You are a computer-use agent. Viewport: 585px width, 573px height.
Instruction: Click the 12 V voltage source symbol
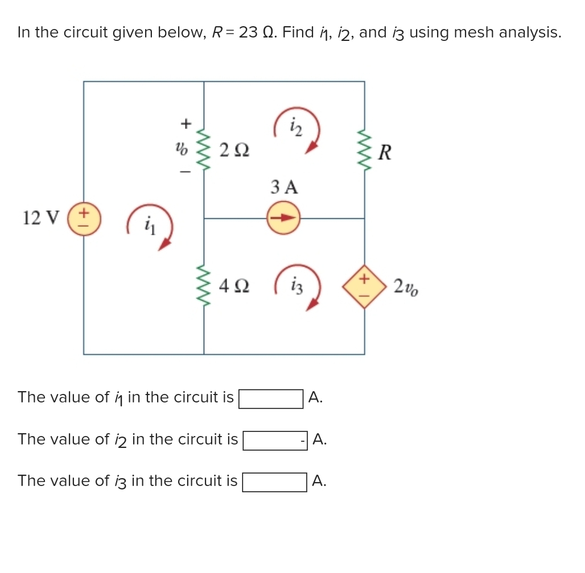click(84, 221)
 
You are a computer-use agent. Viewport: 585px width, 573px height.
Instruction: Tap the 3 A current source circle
click(283, 218)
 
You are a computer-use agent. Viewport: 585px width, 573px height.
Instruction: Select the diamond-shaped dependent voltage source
click(364, 286)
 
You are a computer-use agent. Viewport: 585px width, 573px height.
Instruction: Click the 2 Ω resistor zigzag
click(204, 150)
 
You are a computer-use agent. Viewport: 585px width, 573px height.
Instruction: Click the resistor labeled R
click(364, 152)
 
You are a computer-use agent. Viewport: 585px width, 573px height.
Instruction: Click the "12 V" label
click(41, 217)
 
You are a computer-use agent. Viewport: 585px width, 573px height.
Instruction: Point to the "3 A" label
click(284, 186)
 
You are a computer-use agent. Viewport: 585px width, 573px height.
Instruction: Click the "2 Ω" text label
click(233, 151)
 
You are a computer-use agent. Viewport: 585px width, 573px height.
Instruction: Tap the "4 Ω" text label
click(233, 286)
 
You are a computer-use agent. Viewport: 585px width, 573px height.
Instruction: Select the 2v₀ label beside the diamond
click(406, 287)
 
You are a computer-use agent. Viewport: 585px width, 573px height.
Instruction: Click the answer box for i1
click(271, 398)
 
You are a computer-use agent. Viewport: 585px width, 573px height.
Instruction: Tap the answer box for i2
click(275, 441)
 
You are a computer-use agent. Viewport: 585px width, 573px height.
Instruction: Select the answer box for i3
click(274, 482)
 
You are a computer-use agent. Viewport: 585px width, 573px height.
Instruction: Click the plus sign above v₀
click(184, 123)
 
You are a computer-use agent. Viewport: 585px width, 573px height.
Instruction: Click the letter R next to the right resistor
click(385, 152)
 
